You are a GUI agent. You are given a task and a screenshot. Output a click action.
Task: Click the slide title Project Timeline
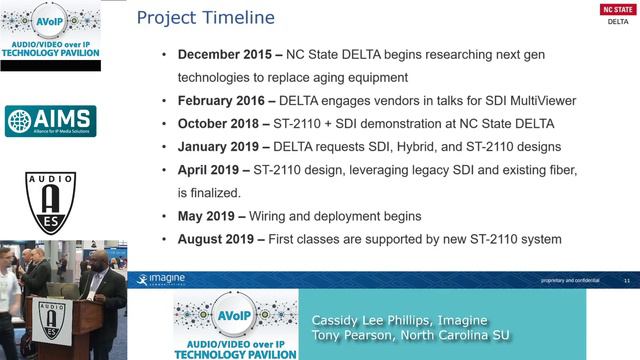coord(205,17)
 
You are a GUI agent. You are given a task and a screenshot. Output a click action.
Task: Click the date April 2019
coord(211,171)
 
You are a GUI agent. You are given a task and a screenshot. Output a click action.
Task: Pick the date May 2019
coord(207,216)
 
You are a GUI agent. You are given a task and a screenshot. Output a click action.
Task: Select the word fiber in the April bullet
coord(589,171)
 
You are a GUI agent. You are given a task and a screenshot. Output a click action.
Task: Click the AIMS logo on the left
coord(50,121)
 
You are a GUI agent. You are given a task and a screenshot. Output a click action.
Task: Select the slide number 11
coord(626,279)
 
